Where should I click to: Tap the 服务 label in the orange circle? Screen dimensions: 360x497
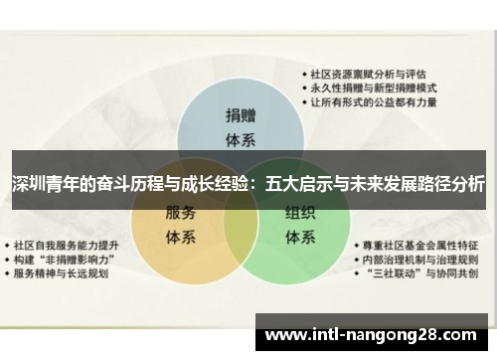click(180, 213)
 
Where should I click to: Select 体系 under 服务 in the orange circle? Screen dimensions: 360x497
click(180, 237)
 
